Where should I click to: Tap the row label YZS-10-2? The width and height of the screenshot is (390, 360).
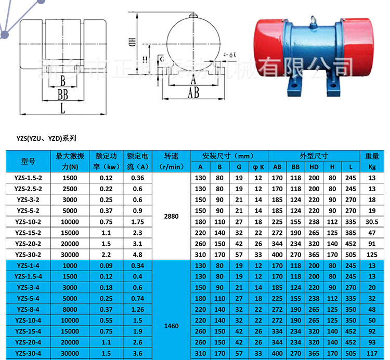[x=29, y=221]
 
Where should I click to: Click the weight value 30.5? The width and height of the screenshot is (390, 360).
[x=372, y=221]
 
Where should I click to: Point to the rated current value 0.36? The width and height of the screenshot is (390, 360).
[x=137, y=178]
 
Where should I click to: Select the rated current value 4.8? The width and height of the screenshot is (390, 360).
[x=137, y=255]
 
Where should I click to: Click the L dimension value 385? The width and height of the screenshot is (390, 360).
[x=351, y=232]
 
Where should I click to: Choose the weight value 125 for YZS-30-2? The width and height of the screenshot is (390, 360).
[x=372, y=255]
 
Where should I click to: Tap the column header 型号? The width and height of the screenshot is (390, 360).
[x=29, y=162]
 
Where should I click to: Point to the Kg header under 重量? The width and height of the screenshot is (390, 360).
[x=372, y=167]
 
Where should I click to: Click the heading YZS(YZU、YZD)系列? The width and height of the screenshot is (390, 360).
[x=46, y=139]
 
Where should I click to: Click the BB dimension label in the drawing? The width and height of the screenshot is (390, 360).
[x=63, y=94]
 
